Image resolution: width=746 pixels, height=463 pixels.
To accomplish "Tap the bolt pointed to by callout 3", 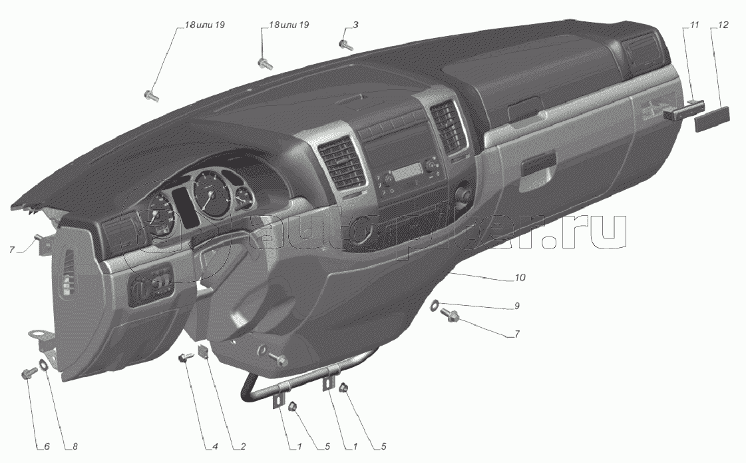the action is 345,45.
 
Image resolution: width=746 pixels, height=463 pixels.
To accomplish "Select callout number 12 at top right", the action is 723,25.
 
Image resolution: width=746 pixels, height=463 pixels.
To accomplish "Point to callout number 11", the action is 694,25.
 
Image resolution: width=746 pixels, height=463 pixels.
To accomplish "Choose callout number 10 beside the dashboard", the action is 520,277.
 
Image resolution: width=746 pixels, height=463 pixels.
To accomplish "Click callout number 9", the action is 517,306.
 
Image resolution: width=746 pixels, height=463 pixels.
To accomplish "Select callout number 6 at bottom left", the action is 47,447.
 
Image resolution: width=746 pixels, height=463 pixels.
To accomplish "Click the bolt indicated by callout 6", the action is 27,373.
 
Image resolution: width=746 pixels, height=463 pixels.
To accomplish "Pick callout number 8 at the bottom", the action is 75,447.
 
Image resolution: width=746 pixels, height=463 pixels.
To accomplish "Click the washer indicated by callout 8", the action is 43,365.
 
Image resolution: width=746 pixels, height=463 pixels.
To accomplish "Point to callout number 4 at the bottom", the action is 214,447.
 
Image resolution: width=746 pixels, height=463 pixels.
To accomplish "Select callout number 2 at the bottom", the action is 243,447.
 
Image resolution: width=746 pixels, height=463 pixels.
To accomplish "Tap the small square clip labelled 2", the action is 204,352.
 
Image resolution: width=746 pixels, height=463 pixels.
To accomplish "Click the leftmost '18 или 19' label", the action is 204,25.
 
